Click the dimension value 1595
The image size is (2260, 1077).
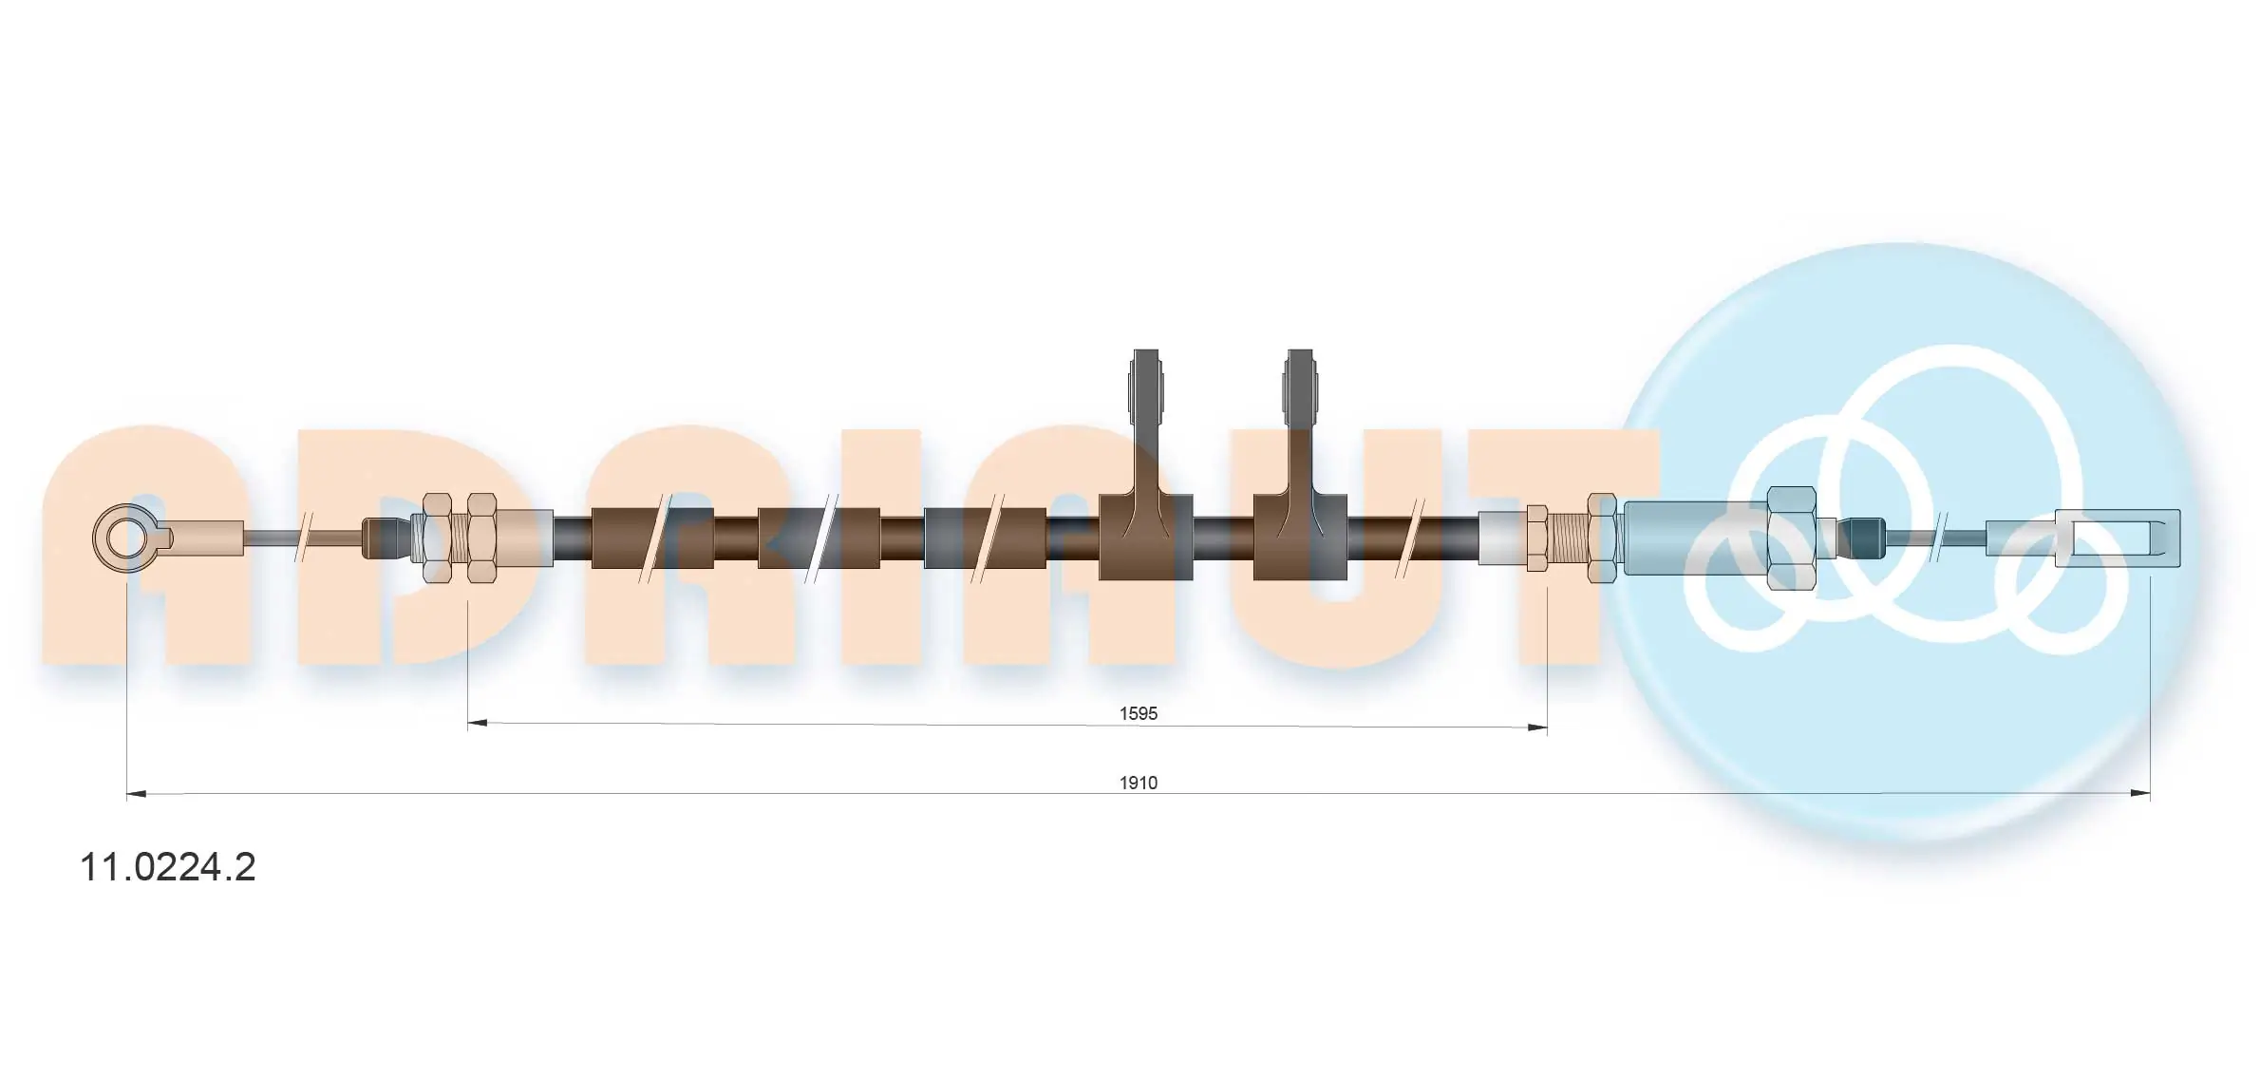tap(1138, 713)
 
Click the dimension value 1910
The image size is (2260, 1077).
tap(1138, 783)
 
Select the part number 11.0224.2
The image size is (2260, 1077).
tap(168, 867)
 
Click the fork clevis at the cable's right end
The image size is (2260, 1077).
tap(2118, 538)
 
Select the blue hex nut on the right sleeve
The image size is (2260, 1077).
tap(1791, 538)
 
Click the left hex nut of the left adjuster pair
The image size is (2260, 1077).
tap(437, 538)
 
